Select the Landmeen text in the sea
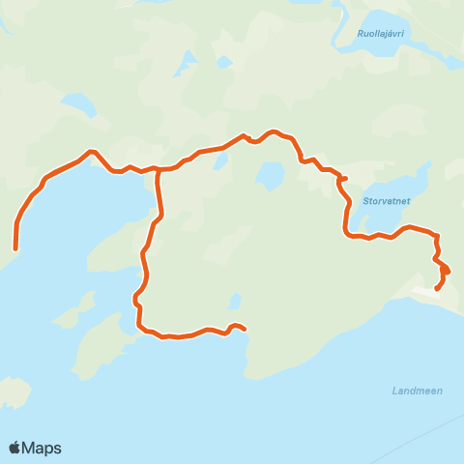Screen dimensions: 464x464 417,391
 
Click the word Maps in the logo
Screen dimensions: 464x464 43,448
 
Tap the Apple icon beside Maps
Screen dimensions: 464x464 15,448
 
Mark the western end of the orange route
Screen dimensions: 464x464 15,247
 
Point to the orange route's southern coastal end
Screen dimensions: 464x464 245,329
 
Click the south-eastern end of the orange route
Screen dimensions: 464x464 438,288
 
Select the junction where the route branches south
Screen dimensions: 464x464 159,170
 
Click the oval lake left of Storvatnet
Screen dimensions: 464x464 270,175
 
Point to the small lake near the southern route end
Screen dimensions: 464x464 234,302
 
